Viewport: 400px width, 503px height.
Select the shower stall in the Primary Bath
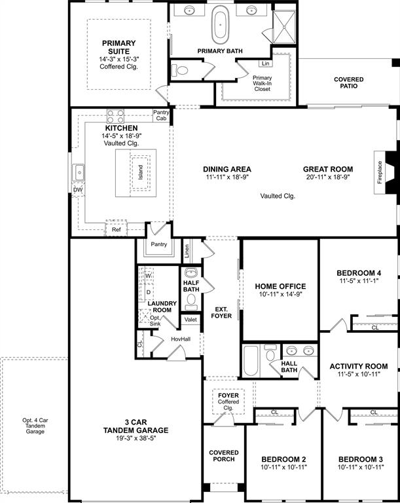point(283,26)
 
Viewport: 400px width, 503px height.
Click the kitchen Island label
point(139,172)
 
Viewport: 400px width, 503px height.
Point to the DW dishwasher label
point(78,190)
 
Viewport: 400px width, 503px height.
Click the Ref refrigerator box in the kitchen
point(116,230)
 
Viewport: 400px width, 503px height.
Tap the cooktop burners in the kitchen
point(116,117)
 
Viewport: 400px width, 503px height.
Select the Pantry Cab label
point(161,115)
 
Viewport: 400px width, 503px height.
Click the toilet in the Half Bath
point(191,301)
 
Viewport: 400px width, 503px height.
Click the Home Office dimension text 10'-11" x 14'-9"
point(280,295)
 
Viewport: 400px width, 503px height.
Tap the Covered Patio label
point(348,84)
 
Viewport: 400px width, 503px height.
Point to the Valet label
point(191,320)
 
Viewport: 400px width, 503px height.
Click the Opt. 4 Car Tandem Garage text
point(34,426)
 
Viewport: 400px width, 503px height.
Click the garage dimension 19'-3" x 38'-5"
point(136,440)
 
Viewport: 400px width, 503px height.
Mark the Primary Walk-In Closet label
point(262,83)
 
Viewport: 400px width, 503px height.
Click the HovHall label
point(180,339)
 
